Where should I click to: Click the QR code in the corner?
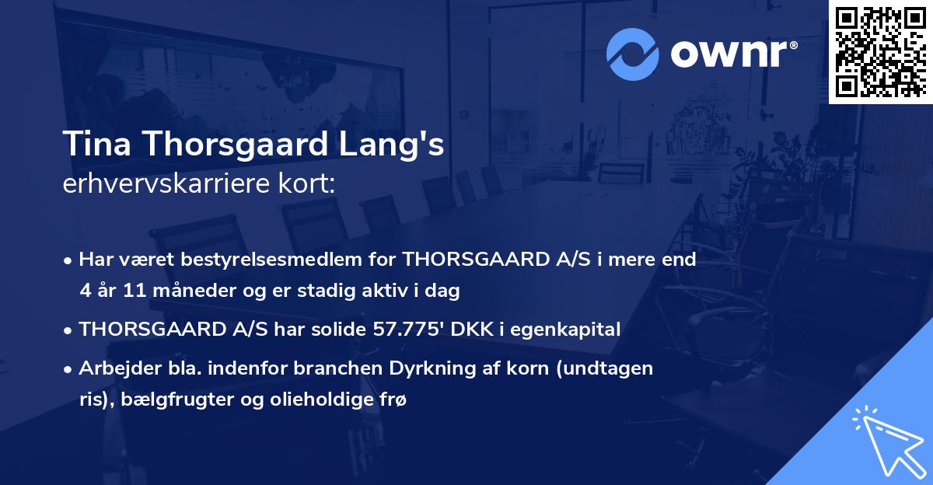tap(880, 51)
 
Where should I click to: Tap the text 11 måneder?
tap(155, 291)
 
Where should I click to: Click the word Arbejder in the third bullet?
tap(110, 368)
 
